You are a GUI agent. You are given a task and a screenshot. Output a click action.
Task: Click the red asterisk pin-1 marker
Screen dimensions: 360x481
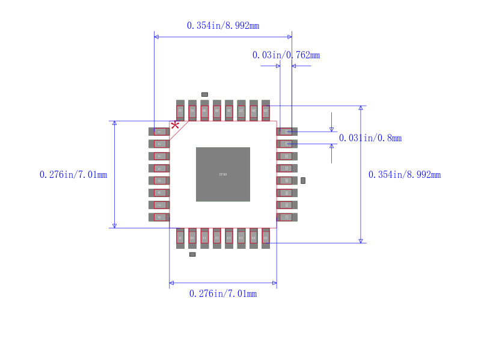tap(175, 125)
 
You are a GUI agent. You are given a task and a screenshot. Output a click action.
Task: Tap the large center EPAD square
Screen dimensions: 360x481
tap(223, 174)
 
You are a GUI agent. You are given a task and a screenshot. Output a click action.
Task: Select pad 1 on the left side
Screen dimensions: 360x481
tap(159, 132)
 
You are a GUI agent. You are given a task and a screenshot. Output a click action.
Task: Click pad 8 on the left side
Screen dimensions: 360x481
tap(159, 217)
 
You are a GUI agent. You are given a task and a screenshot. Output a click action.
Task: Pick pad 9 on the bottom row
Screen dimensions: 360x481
tap(180, 238)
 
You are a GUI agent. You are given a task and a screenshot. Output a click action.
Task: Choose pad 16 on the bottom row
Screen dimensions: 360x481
tap(266, 238)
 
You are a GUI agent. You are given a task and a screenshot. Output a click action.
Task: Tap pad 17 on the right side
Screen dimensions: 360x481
tap(287, 217)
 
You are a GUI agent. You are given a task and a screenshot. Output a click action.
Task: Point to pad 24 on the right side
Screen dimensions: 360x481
tap(287, 132)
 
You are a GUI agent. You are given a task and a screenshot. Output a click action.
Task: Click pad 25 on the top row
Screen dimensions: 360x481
tap(266, 111)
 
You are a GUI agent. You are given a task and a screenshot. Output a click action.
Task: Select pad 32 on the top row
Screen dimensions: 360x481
tap(180, 111)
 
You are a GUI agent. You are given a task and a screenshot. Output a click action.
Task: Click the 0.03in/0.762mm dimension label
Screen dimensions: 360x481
tap(286, 55)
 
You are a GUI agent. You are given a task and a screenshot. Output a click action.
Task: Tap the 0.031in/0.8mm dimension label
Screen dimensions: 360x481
tap(370, 138)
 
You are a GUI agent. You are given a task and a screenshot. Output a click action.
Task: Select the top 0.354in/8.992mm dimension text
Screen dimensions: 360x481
tap(223, 25)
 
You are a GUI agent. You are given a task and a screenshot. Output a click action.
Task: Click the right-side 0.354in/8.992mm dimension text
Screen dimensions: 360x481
tap(404, 174)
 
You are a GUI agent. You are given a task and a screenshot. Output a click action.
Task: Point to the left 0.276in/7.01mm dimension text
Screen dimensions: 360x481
tap(73, 174)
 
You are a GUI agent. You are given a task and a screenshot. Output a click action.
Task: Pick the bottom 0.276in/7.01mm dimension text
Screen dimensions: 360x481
tap(223, 293)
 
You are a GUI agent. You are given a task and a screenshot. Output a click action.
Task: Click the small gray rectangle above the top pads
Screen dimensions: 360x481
tap(204, 94)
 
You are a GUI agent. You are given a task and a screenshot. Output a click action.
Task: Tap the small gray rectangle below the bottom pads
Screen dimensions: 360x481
tap(192, 254)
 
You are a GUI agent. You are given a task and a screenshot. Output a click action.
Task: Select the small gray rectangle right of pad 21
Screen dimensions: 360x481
tap(303, 180)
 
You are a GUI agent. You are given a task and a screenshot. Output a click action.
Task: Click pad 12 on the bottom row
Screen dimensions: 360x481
tap(217, 238)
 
